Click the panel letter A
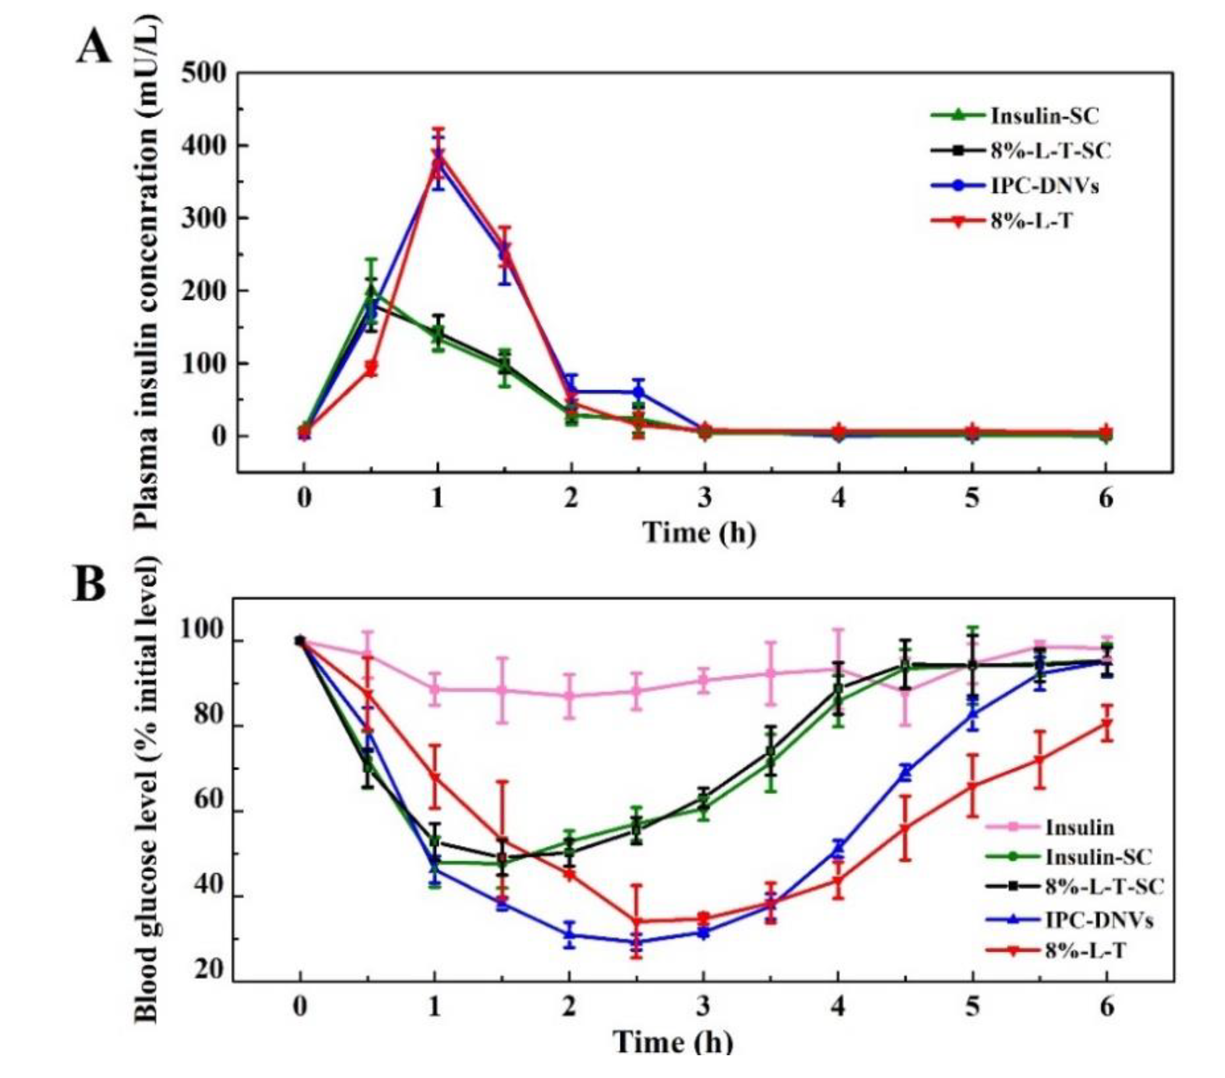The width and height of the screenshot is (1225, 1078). click(94, 47)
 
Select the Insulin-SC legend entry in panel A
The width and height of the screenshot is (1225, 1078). click(1044, 115)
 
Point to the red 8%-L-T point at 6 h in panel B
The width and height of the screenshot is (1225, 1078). click(1106, 724)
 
